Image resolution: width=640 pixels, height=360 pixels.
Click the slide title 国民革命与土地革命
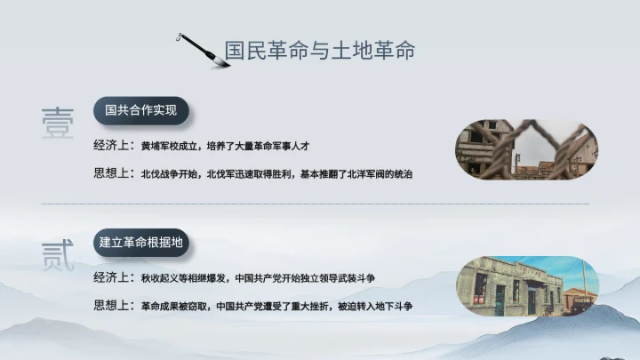319,51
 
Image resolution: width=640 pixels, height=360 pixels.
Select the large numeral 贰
58,254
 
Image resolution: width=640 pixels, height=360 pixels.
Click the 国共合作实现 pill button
140,111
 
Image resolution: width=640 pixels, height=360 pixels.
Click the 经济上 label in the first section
113,145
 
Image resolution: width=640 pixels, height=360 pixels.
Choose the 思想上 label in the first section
113,172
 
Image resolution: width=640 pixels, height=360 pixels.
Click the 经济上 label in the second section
113,277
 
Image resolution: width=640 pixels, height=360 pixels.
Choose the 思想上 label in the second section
113,305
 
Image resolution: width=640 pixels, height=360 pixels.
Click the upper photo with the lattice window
526,148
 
